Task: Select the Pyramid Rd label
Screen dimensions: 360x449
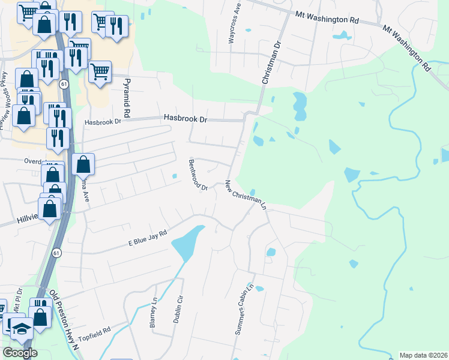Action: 127,97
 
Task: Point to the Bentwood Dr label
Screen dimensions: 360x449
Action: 197,175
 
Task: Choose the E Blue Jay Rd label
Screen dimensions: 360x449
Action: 147,238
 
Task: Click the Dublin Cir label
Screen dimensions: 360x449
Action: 178,309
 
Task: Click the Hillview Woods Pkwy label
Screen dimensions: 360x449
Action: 5,99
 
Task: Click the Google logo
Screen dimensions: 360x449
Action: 20,353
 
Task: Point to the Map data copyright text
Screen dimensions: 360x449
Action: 423,355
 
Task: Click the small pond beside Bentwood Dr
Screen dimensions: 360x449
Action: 174,176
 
